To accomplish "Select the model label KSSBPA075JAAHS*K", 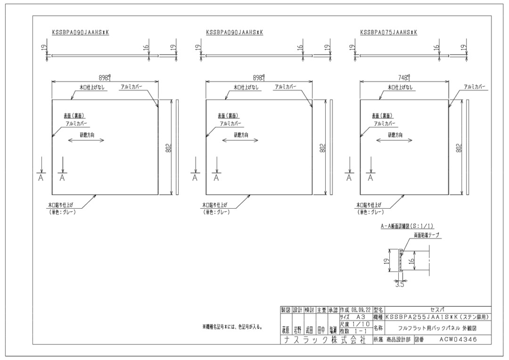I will click(388, 33).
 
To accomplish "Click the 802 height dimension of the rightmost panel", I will click(459, 147).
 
